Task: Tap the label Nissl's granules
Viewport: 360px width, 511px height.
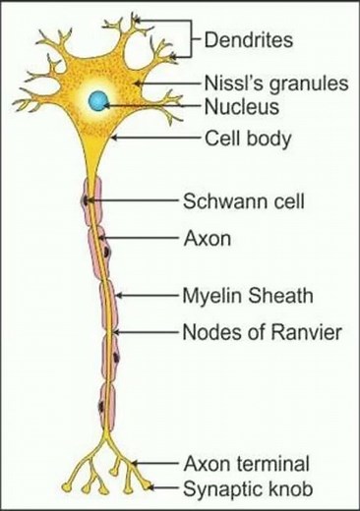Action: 276,84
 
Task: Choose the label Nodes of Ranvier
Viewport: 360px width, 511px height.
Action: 261,332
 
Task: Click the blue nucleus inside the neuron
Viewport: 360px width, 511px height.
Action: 98,100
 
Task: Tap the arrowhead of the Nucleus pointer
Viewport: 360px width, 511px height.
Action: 104,103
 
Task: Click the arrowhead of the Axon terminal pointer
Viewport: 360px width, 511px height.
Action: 134,461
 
